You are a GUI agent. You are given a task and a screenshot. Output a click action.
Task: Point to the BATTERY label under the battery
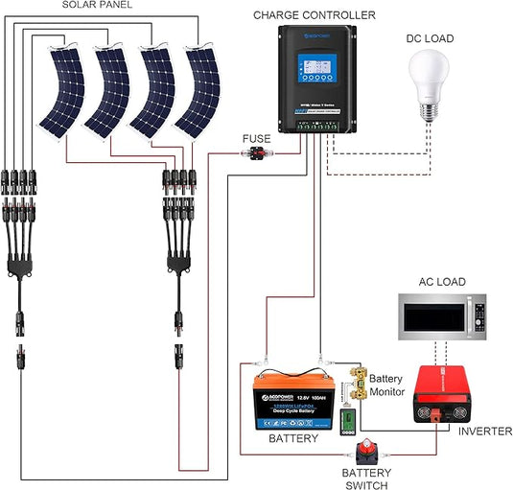coord(287,438)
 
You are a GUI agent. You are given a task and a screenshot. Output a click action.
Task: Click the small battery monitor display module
coord(349,420)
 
